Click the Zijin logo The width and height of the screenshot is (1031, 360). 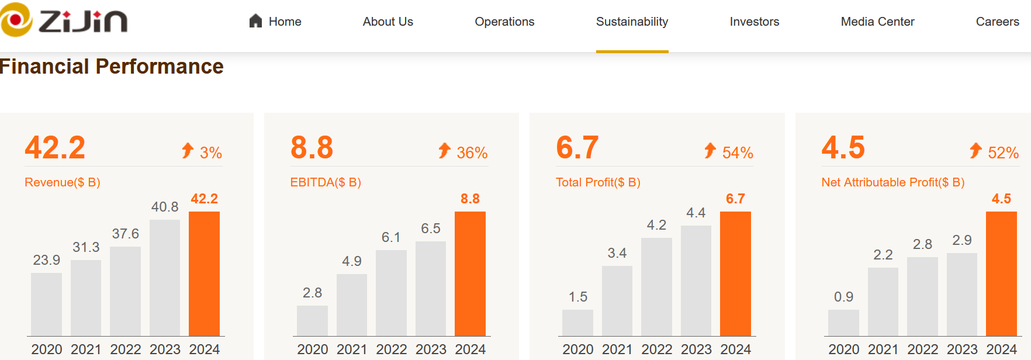(64, 20)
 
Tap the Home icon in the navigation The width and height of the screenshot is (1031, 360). (255, 22)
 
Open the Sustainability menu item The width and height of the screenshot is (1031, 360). (632, 22)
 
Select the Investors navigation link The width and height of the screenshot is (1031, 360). (754, 22)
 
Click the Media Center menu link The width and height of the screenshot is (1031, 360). (877, 22)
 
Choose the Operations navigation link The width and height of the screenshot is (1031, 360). (504, 22)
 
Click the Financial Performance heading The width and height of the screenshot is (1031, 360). (111, 67)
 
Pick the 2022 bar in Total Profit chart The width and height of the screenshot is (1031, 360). (656, 286)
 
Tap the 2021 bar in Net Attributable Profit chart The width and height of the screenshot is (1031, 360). (883, 302)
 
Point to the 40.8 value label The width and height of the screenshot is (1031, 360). (165, 207)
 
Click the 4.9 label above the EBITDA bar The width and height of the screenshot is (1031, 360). (352, 261)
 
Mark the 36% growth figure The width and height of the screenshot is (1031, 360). (472, 153)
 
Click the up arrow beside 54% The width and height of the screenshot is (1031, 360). (710, 151)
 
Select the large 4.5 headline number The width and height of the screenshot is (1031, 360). (843, 147)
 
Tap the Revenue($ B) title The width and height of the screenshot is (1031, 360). (63, 182)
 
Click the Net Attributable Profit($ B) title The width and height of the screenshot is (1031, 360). (892, 182)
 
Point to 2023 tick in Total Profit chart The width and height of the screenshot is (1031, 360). (696, 349)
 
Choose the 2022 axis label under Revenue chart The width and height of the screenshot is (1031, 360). (126, 349)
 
